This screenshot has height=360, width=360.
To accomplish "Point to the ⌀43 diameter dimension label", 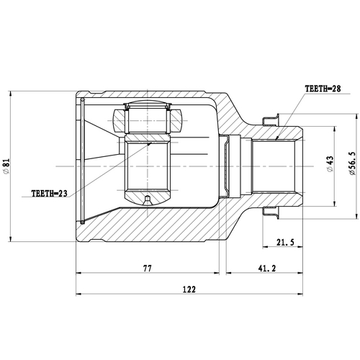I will point(330,167).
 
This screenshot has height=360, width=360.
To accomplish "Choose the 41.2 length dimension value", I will point(266,268).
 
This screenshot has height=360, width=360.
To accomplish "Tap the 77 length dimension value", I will point(147,268).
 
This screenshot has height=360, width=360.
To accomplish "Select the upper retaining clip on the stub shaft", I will point(272,120).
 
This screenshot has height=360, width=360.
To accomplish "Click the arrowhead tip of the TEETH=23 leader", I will point(151,142).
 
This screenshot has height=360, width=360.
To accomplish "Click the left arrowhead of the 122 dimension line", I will point(77,294).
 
